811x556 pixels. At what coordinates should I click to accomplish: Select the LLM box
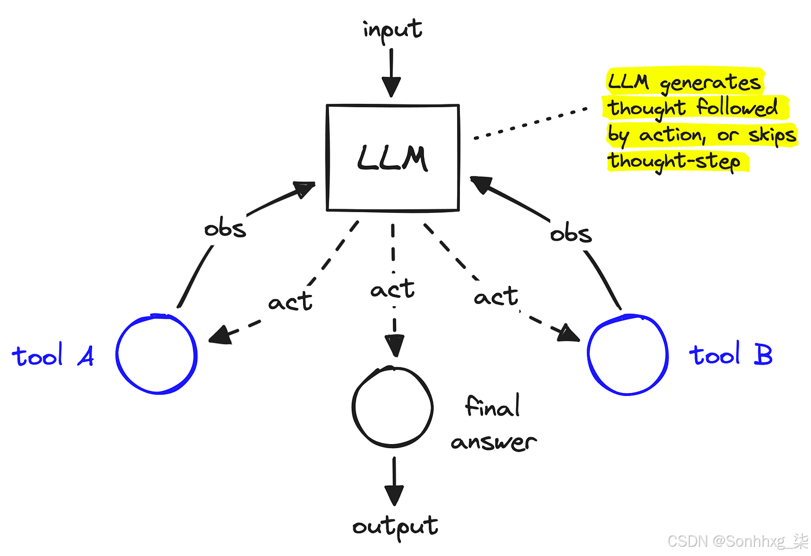[393, 158]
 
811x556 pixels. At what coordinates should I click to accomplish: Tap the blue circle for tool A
[156, 355]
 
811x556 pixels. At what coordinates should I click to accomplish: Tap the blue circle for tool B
[627, 355]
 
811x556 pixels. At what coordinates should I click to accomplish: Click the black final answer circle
[393, 407]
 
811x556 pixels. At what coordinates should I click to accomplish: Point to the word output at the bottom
[395, 526]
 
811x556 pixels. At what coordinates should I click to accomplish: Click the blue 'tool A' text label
[53, 356]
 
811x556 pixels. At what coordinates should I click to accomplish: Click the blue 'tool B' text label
[730, 354]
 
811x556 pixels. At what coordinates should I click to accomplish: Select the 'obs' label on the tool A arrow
[225, 228]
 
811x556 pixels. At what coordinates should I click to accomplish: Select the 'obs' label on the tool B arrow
[571, 233]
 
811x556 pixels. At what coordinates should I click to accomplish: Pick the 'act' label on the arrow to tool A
[290, 302]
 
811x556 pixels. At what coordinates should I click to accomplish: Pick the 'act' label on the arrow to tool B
[496, 297]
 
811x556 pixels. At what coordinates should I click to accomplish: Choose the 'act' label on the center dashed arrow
[393, 289]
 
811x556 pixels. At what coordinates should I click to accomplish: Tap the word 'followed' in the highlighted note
[737, 108]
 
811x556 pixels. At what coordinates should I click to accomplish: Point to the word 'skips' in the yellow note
[772, 135]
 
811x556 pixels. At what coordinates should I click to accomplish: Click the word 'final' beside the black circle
[492, 406]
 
